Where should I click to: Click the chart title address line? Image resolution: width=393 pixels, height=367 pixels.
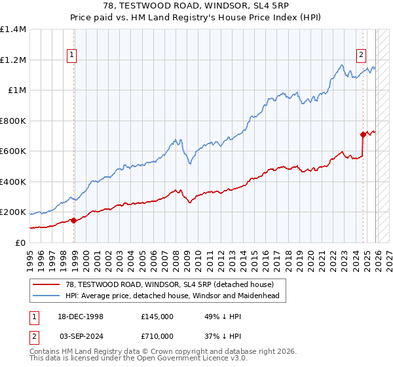click(x=196, y=5)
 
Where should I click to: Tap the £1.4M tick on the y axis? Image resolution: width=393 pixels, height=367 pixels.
click(x=13, y=29)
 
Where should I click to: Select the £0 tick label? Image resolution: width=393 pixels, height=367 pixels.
click(x=20, y=242)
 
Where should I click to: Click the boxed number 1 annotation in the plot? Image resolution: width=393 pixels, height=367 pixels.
click(x=71, y=55)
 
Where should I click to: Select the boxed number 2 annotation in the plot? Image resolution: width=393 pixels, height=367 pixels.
click(x=361, y=55)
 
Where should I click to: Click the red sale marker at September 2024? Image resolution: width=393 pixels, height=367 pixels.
click(x=363, y=134)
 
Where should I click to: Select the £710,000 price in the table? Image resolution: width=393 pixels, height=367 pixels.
click(x=157, y=336)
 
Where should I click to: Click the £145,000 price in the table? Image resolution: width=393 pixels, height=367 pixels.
click(x=157, y=316)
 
